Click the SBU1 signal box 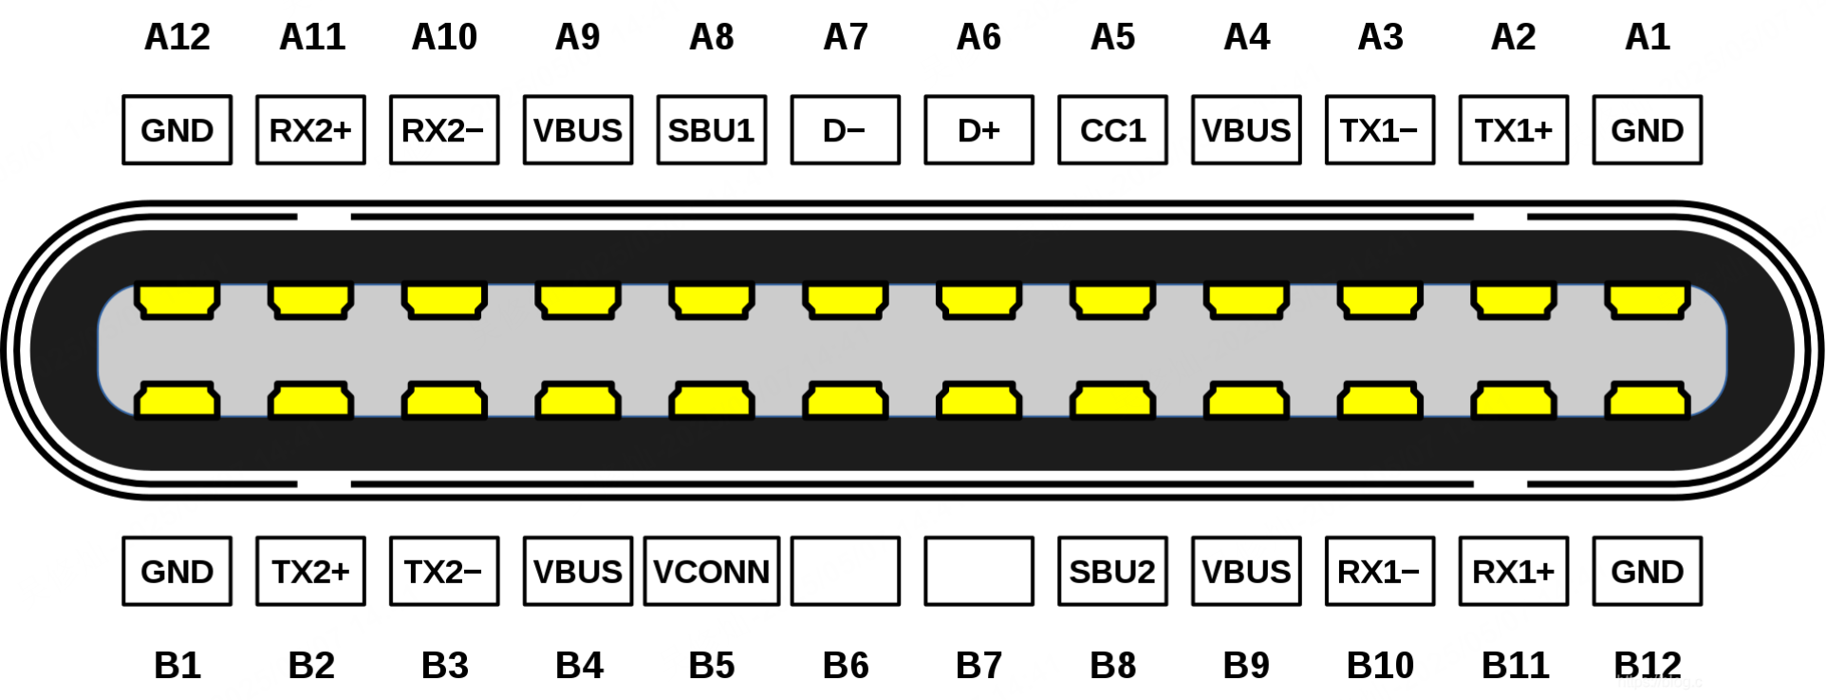(711, 130)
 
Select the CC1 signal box (1112, 130)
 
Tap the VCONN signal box (711, 572)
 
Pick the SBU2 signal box (1112, 572)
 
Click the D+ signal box (978, 130)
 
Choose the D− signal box (845, 130)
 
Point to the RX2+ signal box (310, 130)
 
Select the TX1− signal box (1379, 130)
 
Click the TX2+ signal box (310, 572)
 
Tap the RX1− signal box (1379, 572)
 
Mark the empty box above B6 (845, 572)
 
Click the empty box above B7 (978, 572)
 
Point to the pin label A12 (177, 37)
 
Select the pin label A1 (1647, 37)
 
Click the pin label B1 (177, 665)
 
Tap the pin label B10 (1380, 665)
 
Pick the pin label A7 (845, 37)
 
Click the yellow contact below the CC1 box (1112, 301)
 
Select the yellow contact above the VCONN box (711, 401)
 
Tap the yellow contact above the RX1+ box (1513, 401)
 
